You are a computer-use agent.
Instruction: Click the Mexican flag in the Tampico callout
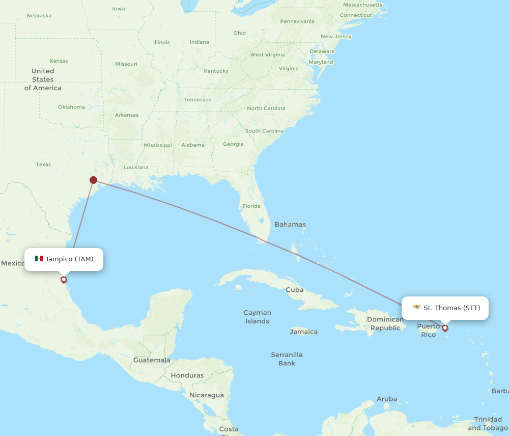pos(39,259)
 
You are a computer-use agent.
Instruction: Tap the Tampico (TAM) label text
pos(69,259)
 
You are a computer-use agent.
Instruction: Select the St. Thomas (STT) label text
pos(452,308)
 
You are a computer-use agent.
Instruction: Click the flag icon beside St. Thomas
pos(417,307)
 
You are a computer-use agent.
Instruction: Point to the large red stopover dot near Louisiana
pos(93,180)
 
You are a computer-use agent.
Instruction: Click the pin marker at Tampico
pos(64,279)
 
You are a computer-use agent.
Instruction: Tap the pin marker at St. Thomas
pos(445,328)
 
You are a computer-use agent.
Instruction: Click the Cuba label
pos(295,290)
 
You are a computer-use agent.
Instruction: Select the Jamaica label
pos(303,332)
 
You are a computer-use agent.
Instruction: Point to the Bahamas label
pos(290,224)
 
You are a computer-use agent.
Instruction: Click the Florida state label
pos(251,206)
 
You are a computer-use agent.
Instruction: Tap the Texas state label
pos(43,165)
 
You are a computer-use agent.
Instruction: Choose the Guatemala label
pos(152,360)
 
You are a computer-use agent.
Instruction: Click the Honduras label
pos(187,375)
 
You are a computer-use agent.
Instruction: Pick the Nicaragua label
pos(207,395)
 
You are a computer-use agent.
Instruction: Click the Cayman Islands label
pos(257,317)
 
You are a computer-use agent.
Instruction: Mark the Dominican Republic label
pos(385,323)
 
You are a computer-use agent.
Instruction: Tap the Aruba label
pos(387,399)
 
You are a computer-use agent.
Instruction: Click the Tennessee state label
pos(197,99)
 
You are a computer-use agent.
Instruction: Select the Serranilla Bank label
pos(287,359)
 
